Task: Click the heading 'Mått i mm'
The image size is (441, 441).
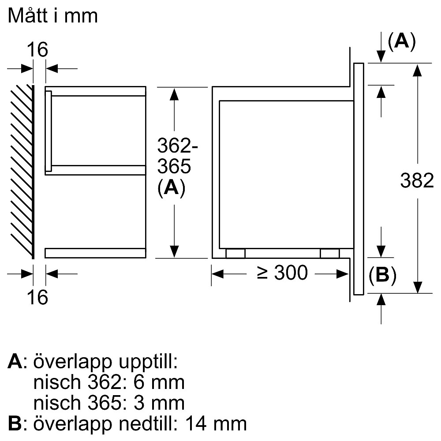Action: tap(52, 16)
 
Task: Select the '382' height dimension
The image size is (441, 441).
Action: tap(417, 181)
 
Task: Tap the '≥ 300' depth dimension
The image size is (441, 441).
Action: tap(282, 273)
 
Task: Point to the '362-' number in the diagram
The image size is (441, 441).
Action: tap(175, 146)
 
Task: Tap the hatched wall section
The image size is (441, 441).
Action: tap(21, 170)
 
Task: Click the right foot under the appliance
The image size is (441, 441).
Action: tap(330, 253)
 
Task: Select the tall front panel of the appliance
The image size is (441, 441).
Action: tap(359, 179)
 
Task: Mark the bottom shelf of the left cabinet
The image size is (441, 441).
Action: tap(95, 253)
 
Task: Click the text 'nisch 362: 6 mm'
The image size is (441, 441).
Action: tap(108, 382)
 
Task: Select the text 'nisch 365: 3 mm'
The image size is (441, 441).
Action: tap(108, 403)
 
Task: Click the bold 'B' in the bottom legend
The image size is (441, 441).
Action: tap(14, 423)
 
